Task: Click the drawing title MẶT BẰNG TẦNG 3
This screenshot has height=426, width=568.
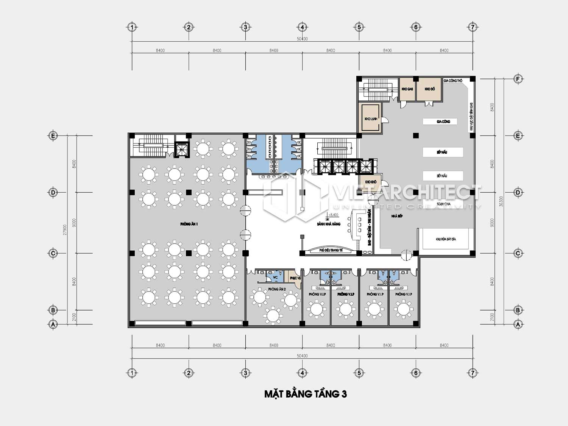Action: coord(305,394)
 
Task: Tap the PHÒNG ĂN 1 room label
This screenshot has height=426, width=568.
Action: coord(189,224)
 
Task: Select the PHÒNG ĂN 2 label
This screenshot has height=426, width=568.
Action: coord(277,289)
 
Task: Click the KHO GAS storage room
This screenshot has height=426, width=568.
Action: coord(407,89)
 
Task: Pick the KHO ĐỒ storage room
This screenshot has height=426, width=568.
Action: coord(429,89)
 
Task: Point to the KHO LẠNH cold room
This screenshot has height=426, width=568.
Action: coord(371,119)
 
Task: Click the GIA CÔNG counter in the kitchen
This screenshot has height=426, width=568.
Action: coord(443,122)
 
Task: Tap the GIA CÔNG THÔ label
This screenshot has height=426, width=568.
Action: coord(453,81)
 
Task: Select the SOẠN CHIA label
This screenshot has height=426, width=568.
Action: coord(443,204)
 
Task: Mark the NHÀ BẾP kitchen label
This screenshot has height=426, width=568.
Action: coord(397,216)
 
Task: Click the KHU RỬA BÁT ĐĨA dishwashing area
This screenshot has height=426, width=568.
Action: coord(446,239)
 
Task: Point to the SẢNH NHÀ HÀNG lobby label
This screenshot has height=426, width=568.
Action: coord(329,224)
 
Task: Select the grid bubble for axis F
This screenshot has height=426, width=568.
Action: coord(518,79)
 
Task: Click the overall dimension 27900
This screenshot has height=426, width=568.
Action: coord(65,229)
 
